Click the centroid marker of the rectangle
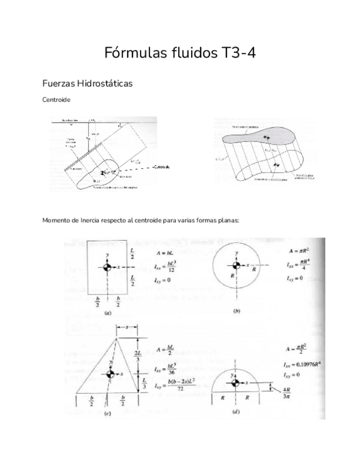coord(107,267)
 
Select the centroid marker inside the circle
coord(237,268)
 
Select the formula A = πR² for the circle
coord(299,251)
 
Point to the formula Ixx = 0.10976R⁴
coord(303,364)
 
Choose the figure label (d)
coord(236,410)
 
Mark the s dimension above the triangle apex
coord(127,327)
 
